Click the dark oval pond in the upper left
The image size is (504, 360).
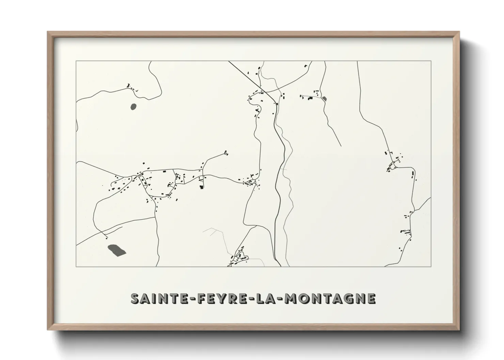(133, 107)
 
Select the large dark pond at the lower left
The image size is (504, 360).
(116, 250)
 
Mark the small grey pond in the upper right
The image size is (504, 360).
(324, 99)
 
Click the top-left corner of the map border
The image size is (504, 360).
(76, 61)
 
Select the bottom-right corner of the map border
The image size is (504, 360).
(431, 266)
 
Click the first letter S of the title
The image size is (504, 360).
(136, 298)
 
